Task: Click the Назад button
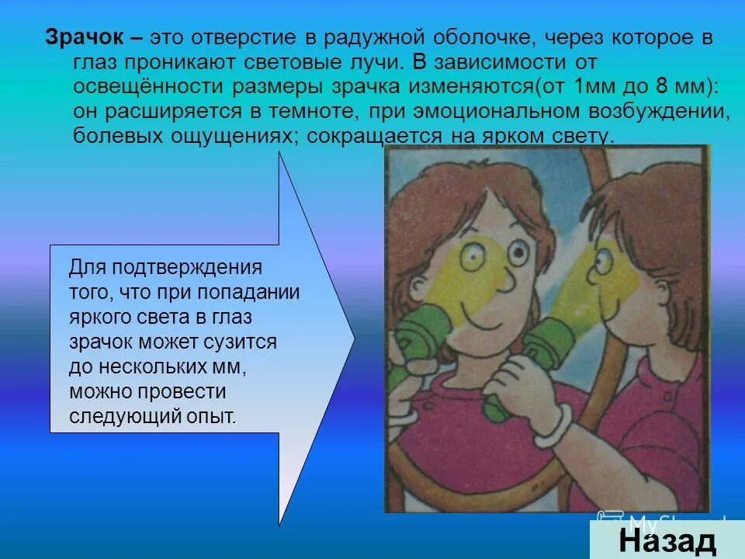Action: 667,541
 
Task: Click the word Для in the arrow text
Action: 86,269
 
